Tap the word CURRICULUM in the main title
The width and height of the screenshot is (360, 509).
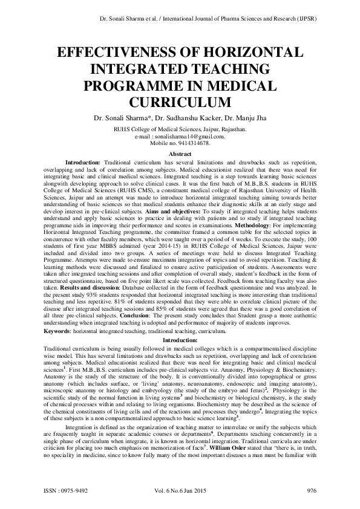pos(180,99)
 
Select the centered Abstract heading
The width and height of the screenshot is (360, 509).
pos(180,155)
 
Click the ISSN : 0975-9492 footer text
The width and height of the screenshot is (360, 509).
pos(66,491)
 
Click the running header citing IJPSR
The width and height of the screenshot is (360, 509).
pos(206,19)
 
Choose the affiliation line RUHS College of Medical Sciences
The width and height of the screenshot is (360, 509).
pos(180,129)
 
